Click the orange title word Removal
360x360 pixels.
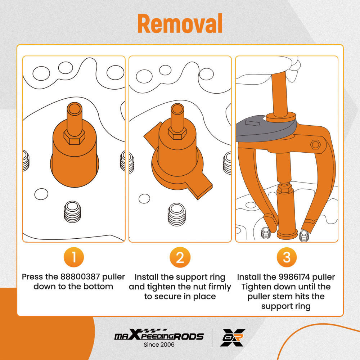180,23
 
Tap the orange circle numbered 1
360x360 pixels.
74,257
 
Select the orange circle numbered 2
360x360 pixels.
180,257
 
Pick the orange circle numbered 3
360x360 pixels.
287,257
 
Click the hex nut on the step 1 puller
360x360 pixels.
74,137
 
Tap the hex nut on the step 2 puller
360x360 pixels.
177,133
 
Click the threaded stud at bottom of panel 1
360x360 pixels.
72,212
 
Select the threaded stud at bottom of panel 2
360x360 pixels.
176,215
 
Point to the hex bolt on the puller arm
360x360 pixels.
315,145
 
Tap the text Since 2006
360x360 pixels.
159,345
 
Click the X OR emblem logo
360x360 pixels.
233,338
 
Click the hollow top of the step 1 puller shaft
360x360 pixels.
75,108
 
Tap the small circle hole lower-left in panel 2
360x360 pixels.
144,199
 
